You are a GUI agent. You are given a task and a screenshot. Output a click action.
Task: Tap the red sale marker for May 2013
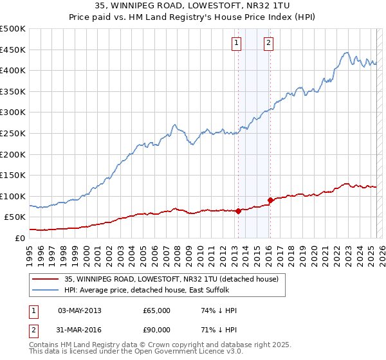pyautogui.click(x=238, y=210)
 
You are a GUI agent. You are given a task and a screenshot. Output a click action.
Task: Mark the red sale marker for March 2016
pyautogui.click(x=271, y=200)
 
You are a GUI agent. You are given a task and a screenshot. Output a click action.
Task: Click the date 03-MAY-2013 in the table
pyautogui.click(x=80, y=310)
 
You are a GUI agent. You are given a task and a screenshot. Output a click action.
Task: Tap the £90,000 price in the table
pyautogui.click(x=156, y=330)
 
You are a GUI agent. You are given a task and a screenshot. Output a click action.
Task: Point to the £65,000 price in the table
pyautogui.click(x=156, y=310)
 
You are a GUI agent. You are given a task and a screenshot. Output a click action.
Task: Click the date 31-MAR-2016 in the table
pyautogui.click(x=80, y=330)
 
